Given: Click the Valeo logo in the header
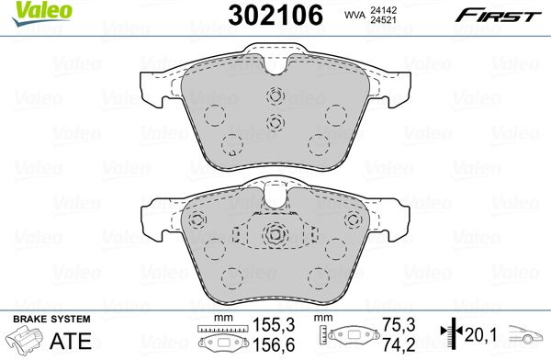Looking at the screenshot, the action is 42,14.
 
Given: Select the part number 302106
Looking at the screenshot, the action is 275,16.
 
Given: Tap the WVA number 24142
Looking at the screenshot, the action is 383,10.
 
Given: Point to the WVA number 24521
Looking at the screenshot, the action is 383,20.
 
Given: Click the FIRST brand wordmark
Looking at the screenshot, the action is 498,16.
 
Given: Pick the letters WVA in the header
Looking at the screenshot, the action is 354,16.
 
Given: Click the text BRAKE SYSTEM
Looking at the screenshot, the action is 51,320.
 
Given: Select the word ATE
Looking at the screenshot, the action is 71,341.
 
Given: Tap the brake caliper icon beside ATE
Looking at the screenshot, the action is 26,340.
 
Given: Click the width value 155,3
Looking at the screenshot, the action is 274,325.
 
